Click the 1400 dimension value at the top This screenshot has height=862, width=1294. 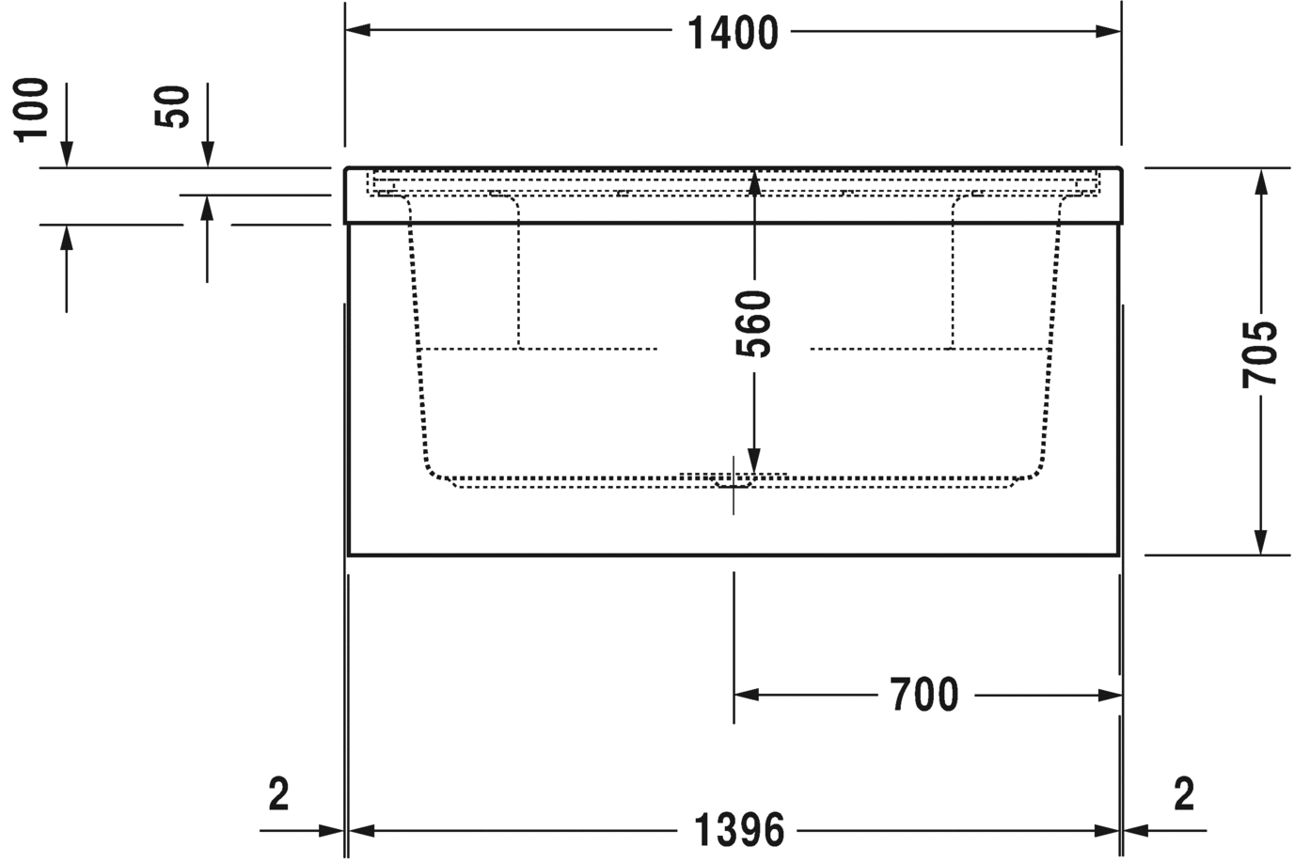point(733,34)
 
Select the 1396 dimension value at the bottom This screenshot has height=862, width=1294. point(739,830)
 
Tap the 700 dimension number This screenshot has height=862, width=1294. point(924,695)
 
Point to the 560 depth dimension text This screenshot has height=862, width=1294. point(753,324)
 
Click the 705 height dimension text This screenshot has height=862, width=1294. point(1260,354)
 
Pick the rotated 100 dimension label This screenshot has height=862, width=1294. point(31,110)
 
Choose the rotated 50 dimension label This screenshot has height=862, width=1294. point(171,106)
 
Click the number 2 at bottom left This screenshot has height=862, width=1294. point(278,794)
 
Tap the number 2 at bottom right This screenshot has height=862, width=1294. point(1184,794)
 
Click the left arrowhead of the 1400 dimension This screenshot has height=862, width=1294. point(358,30)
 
